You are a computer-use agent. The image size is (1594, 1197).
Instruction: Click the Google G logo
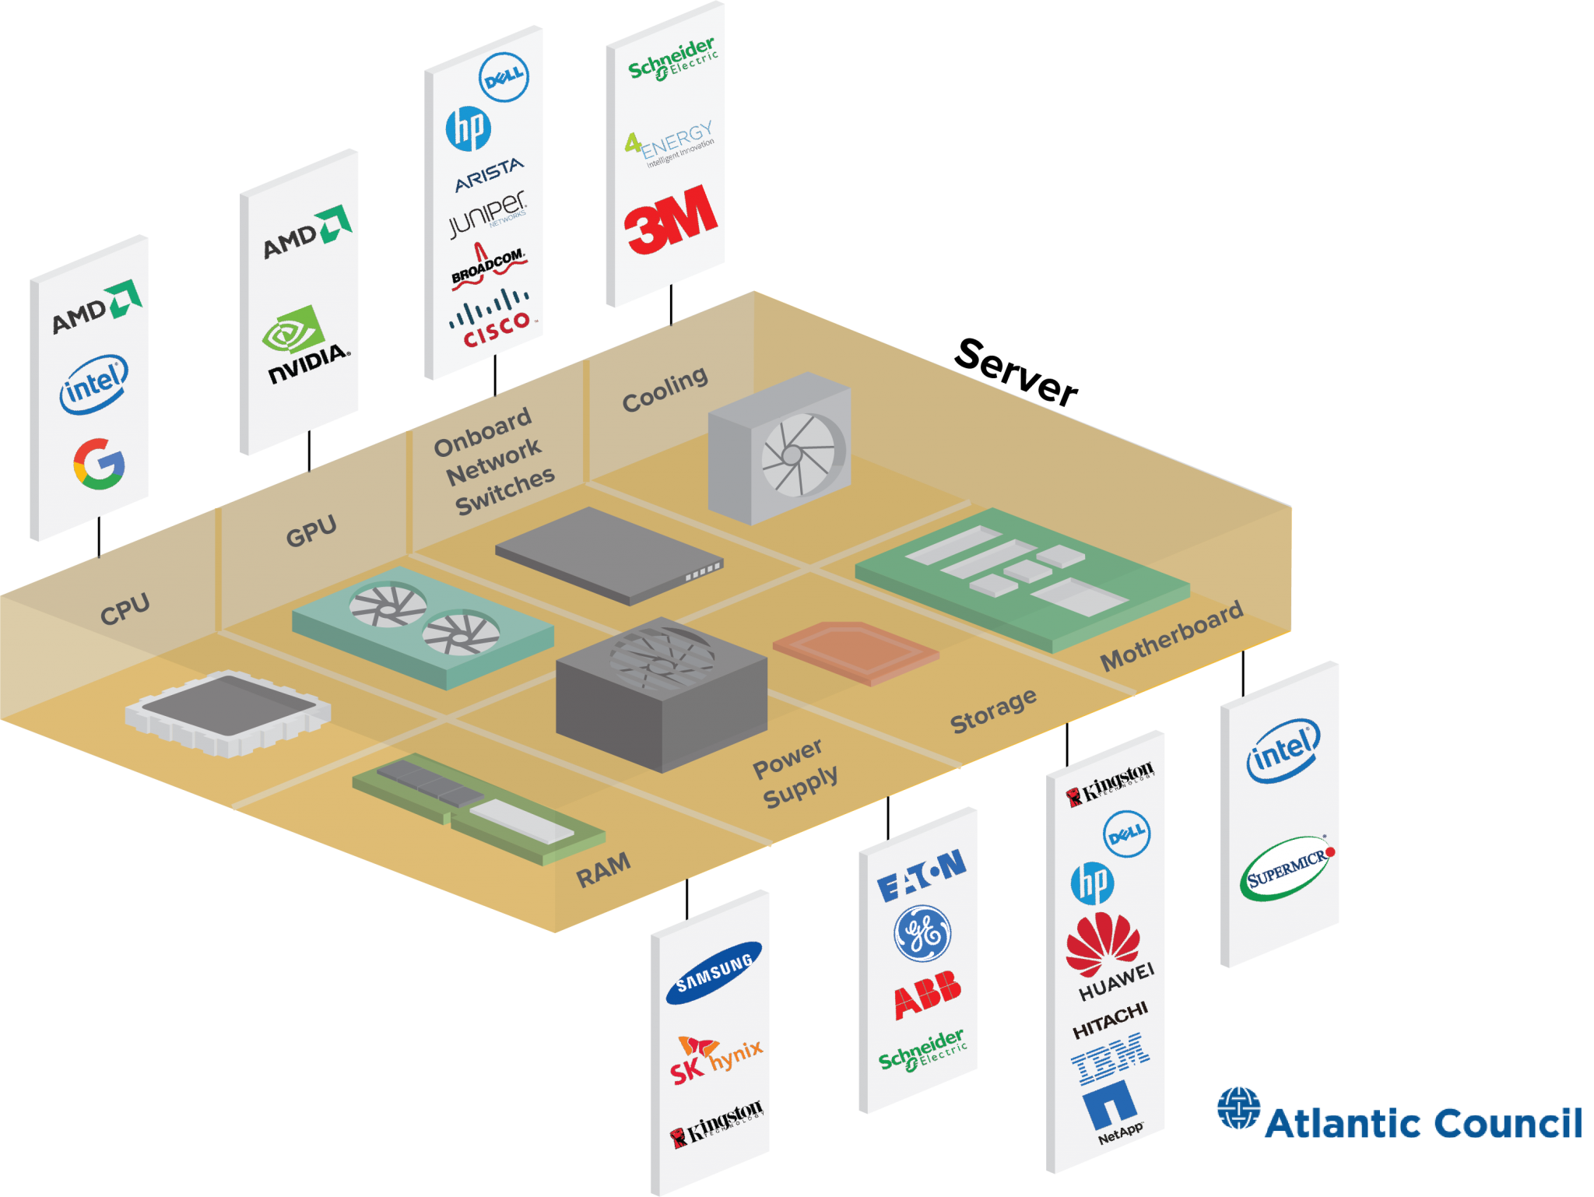click(99, 464)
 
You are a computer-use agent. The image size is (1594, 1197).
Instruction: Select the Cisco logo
click(493, 319)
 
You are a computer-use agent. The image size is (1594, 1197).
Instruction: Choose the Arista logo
click(489, 175)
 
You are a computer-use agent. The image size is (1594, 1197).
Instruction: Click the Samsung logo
click(714, 973)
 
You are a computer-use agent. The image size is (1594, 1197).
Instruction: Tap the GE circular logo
click(922, 934)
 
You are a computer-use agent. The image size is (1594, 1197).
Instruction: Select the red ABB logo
click(927, 995)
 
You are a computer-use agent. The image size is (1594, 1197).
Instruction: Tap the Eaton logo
click(922, 876)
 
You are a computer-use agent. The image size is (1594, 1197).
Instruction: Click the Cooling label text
click(665, 389)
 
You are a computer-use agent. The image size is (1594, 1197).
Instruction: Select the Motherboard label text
click(1171, 636)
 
